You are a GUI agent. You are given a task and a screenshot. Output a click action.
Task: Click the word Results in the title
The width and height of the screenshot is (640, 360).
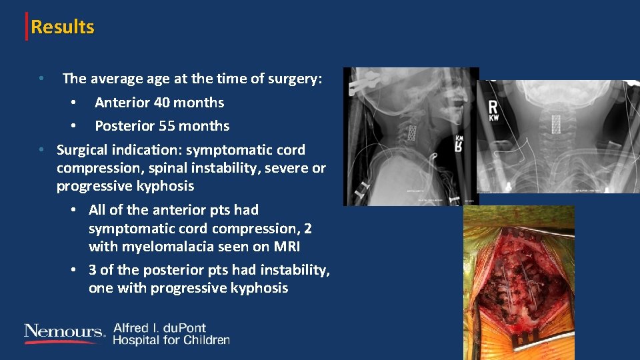[x=63, y=27]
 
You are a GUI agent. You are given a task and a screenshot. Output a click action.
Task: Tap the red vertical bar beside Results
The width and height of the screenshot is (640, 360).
[x=27, y=27]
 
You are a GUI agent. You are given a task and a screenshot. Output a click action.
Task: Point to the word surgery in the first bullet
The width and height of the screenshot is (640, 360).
[x=297, y=79]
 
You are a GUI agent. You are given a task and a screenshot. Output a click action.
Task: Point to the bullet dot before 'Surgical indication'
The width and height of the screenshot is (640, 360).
[x=41, y=150]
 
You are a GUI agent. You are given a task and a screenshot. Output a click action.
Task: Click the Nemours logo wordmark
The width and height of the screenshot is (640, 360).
[x=64, y=332]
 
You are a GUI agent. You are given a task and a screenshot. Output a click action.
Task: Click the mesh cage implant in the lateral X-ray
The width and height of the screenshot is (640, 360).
[x=412, y=132]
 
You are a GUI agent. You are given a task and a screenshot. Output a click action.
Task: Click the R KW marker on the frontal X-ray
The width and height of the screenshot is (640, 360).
[x=493, y=111]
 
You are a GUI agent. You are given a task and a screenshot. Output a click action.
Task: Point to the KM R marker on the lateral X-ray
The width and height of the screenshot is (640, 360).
[x=459, y=142]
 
